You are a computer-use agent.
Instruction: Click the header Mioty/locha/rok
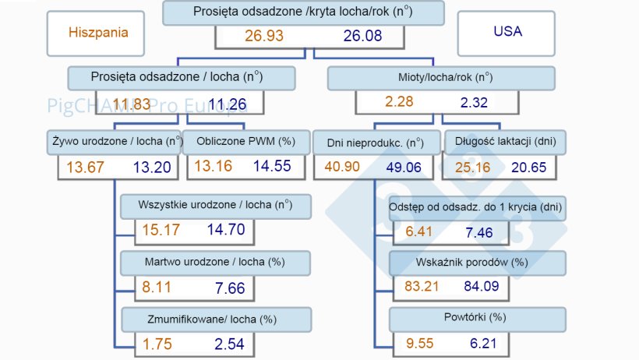[x=440, y=78]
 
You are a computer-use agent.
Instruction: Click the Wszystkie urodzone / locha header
[x=215, y=206]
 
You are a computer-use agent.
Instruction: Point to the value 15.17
[x=159, y=229]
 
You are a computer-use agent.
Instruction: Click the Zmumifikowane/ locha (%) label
[x=215, y=319]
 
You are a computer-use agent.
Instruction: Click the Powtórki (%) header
[x=476, y=319]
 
